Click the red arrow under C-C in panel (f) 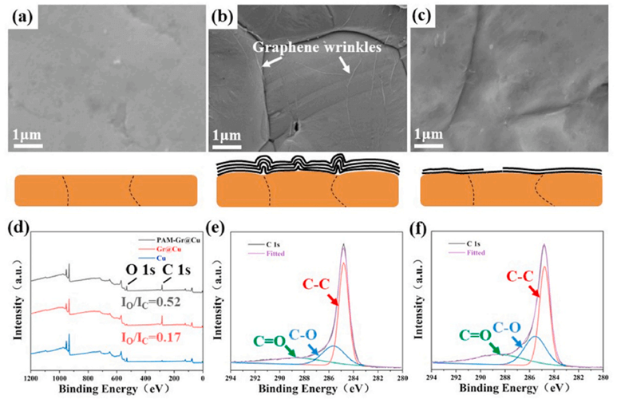[534, 294]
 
